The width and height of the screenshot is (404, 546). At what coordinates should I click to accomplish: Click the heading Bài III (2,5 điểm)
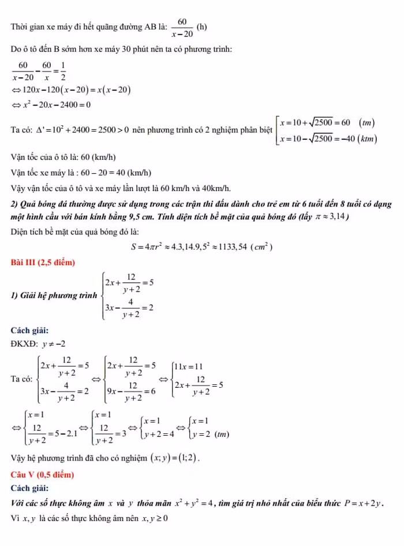pyautogui.click(x=43, y=263)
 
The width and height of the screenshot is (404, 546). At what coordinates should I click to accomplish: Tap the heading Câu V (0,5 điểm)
pyautogui.click(x=42, y=474)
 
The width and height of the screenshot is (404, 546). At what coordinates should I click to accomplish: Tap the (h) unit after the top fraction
pyautogui.click(x=202, y=27)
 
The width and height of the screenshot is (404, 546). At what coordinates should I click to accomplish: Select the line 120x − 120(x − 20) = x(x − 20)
pyautogui.click(x=73, y=89)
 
